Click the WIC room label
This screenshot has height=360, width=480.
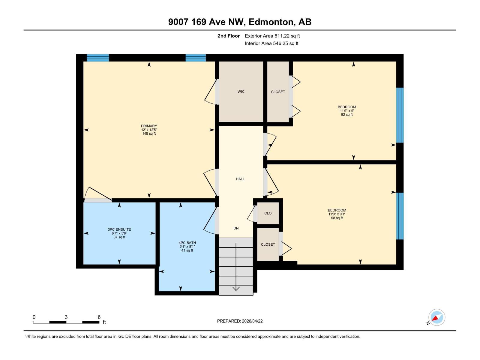(241, 91)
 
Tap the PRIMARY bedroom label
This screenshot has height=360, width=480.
(149, 126)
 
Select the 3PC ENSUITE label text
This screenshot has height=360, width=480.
(119, 229)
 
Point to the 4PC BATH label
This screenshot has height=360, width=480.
(187, 243)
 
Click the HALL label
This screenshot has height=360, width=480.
(240, 179)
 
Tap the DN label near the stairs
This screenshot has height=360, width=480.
(236, 228)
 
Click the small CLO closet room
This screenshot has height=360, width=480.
(268, 213)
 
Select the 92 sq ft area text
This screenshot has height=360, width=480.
(347, 115)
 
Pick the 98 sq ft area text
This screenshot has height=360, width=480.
(337, 218)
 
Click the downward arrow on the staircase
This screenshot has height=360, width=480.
(236, 288)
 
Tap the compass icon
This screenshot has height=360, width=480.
(436, 317)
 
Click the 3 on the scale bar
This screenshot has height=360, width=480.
(66, 317)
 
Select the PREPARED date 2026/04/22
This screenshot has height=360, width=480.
(240, 321)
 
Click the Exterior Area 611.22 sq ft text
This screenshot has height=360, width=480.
(272, 36)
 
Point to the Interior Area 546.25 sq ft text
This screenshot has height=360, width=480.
(271, 43)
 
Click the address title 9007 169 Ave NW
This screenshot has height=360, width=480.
(240, 22)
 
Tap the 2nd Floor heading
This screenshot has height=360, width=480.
(229, 36)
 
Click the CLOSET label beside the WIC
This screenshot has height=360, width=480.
(278, 92)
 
